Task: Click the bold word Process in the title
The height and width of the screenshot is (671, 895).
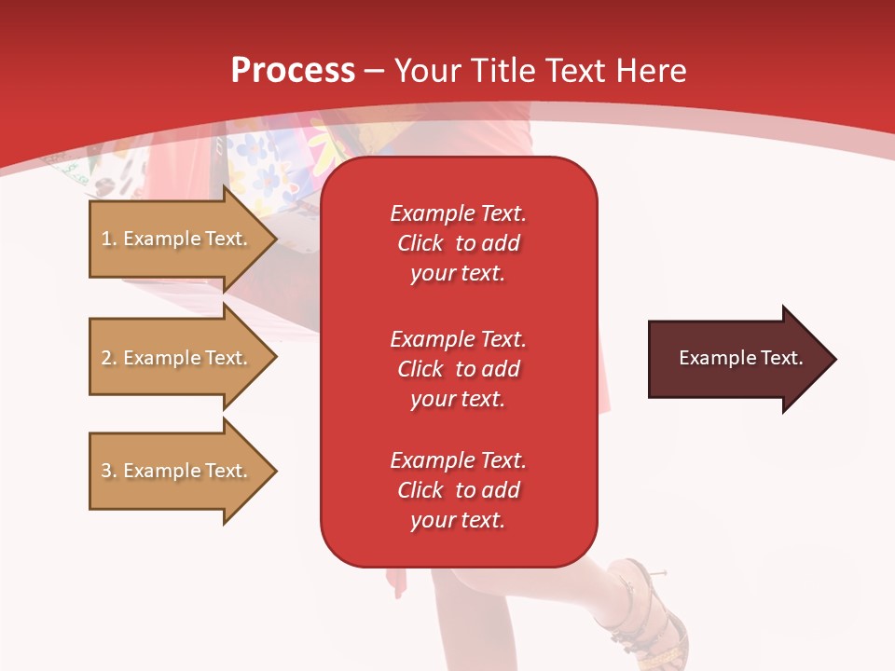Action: tap(293, 71)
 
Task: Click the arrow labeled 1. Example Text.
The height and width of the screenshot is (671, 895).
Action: tap(177, 239)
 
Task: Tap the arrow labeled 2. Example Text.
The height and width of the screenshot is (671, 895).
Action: tap(177, 358)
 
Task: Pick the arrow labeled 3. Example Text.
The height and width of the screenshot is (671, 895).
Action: tap(177, 471)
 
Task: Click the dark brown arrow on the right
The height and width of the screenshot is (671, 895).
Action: tap(737, 359)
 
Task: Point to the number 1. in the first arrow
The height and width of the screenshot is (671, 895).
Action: tap(109, 239)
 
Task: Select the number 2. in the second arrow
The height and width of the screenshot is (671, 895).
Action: tap(109, 358)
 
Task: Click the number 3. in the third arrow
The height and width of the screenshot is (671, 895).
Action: tap(109, 471)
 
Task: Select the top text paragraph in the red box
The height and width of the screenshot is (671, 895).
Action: tap(458, 243)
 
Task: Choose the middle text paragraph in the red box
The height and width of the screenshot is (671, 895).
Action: tap(458, 369)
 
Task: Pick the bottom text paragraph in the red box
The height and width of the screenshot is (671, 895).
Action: tap(458, 490)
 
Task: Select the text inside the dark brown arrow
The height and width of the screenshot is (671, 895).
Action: tap(740, 358)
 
